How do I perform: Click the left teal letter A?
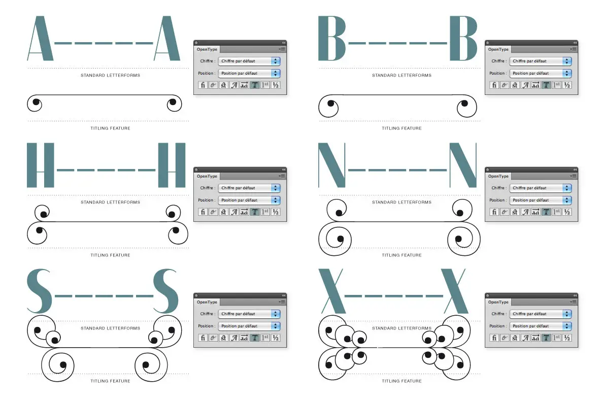click(x=40, y=40)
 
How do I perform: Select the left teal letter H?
click(x=40, y=165)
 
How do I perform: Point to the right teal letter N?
click(x=463, y=165)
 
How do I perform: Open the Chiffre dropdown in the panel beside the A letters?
click(x=249, y=61)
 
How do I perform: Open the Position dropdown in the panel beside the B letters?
click(x=540, y=73)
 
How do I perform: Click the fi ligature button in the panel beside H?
click(x=203, y=212)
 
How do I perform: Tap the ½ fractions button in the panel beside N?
click(x=567, y=212)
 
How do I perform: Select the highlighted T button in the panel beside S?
click(x=255, y=338)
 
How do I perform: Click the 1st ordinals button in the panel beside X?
click(x=556, y=338)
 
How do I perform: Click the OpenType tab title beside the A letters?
click(x=207, y=49)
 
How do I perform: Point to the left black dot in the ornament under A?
click(x=36, y=102)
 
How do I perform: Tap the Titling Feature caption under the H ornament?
click(x=110, y=255)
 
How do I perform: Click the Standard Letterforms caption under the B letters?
click(x=402, y=75)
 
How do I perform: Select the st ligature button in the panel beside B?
click(x=515, y=85)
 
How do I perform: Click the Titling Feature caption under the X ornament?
click(x=402, y=381)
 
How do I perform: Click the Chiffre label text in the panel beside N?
click(x=498, y=188)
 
